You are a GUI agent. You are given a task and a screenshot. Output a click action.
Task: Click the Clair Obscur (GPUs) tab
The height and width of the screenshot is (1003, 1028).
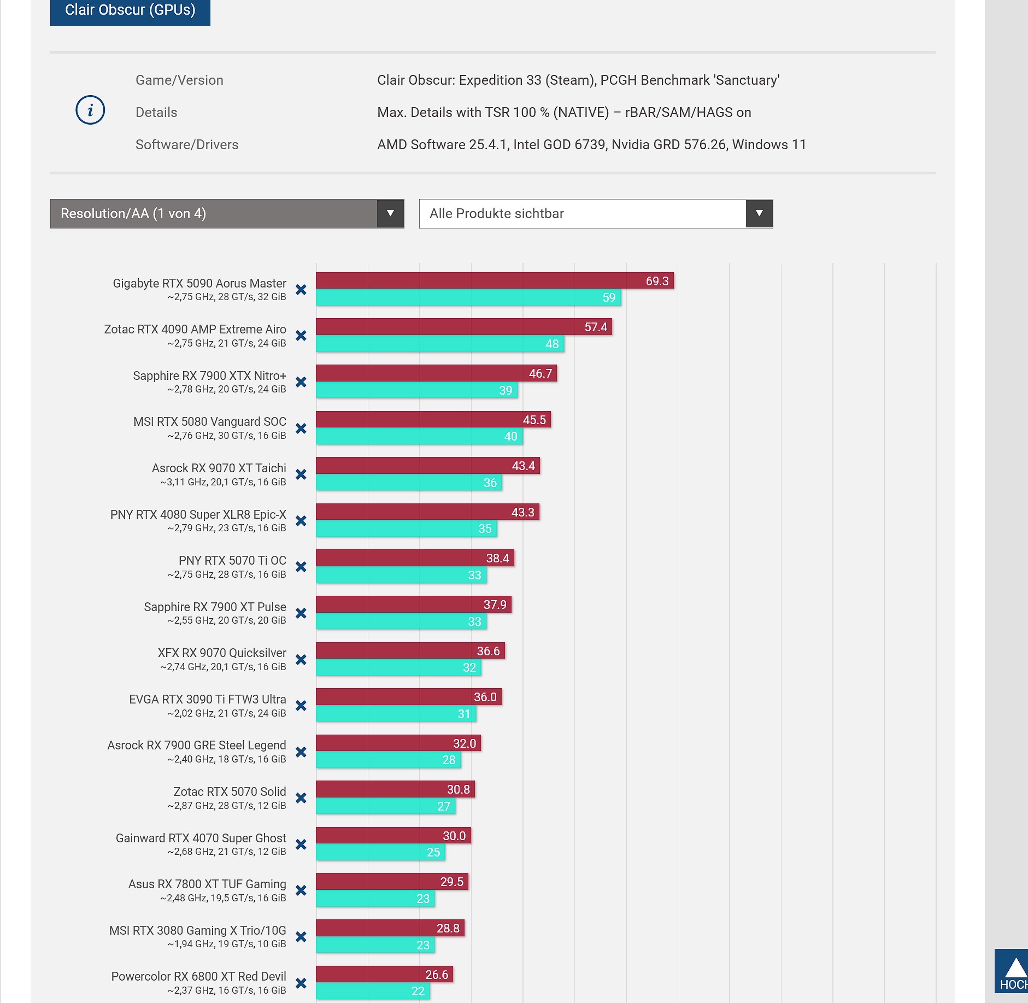click(130, 11)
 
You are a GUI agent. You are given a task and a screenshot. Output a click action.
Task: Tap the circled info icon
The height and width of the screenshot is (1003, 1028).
click(90, 110)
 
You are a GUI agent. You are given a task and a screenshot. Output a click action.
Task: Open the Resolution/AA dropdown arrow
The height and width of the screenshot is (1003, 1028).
click(390, 213)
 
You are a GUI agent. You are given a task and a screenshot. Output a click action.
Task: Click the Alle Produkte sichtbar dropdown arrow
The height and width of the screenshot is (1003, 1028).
click(759, 213)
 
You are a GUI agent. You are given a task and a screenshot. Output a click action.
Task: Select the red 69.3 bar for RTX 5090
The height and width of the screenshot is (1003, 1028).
click(495, 280)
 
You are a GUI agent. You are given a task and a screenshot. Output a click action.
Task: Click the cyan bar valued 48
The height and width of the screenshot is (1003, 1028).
click(440, 344)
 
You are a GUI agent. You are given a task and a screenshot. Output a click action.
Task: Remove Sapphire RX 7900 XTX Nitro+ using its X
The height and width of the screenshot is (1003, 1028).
click(301, 382)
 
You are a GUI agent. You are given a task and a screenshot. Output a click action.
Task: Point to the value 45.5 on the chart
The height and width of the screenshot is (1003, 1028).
click(534, 420)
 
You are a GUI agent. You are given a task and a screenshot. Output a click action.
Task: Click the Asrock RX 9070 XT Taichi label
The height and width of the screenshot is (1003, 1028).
click(219, 468)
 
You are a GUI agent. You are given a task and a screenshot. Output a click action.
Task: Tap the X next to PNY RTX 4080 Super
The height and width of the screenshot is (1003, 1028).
click(301, 521)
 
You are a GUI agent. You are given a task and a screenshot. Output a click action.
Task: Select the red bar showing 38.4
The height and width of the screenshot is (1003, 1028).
click(415, 558)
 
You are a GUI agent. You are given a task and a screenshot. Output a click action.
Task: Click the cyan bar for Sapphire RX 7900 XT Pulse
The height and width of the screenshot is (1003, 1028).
click(401, 621)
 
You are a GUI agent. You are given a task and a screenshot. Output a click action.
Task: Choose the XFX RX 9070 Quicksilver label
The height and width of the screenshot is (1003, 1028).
click(222, 653)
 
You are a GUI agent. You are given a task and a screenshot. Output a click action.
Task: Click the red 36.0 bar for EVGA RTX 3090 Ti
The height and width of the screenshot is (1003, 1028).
click(409, 697)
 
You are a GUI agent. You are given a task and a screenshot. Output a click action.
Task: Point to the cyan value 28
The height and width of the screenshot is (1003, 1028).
click(449, 760)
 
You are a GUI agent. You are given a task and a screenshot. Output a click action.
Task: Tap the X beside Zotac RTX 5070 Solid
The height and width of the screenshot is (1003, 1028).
click(301, 799)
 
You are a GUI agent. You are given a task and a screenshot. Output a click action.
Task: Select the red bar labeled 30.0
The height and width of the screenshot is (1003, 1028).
click(393, 836)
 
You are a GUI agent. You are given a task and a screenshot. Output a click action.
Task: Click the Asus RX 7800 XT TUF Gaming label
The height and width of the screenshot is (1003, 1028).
click(207, 884)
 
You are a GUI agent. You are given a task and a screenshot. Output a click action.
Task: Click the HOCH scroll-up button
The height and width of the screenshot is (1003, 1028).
click(1013, 971)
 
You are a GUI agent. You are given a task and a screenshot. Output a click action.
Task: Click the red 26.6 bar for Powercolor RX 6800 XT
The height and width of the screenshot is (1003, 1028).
click(384, 975)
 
